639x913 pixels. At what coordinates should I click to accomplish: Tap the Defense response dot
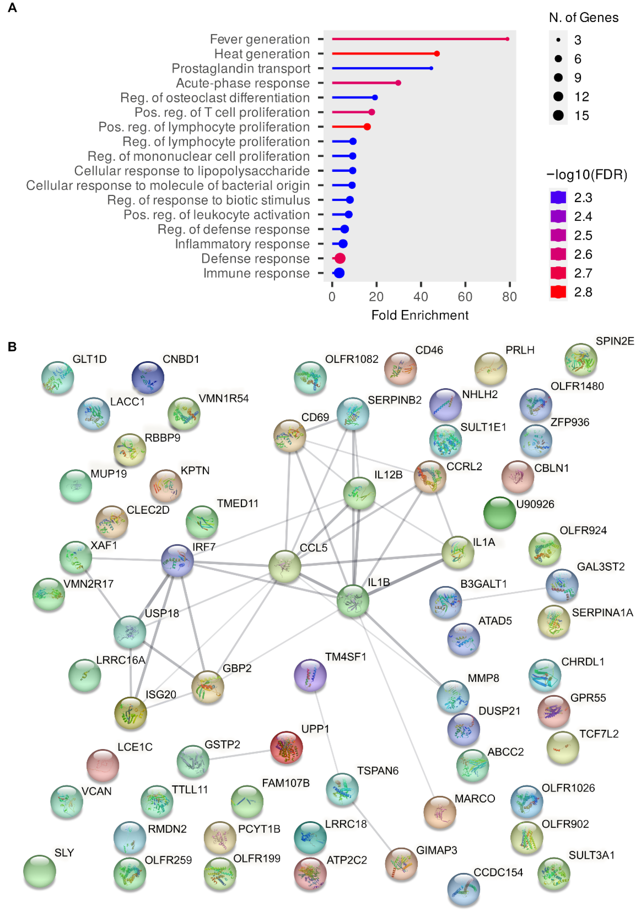pos(339,258)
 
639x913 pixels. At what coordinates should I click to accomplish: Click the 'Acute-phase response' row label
pos(243,83)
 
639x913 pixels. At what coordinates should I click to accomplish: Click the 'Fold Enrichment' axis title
pos(420,315)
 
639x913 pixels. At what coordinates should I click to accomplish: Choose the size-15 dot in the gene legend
pos(558,116)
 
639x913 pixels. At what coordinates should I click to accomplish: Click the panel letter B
pos(12,347)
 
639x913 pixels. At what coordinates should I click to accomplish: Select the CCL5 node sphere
pos(284,566)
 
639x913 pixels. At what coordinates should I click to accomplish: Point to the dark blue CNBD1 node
pos(148,377)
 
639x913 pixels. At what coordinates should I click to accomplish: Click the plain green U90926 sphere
pos(499,513)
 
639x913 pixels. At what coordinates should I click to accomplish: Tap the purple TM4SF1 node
pos(310,675)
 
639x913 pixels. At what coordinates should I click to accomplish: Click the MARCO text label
pos(475,799)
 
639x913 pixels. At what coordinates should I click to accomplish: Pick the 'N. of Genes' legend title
pos(583,18)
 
